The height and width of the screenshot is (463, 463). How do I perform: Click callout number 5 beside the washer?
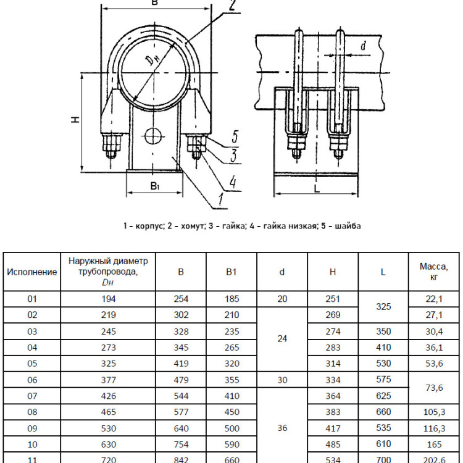(235, 136)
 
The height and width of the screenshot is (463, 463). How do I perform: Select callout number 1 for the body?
(220, 199)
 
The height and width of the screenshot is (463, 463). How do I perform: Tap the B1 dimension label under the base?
(155, 186)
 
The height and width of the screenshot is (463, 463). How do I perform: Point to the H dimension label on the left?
(76, 119)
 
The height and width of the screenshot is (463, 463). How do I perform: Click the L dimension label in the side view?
(317, 188)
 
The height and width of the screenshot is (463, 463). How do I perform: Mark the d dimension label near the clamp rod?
(363, 46)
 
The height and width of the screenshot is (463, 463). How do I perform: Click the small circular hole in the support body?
(154, 136)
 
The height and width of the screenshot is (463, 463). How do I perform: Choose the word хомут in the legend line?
(188, 226)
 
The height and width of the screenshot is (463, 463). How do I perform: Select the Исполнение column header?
(32, 272)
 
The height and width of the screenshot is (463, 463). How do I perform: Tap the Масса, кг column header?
(434, 272)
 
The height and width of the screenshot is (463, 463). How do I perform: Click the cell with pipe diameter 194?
(109, 299)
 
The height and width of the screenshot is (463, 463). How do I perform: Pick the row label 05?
(32, 364)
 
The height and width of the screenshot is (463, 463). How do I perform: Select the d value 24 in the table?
(282, 339)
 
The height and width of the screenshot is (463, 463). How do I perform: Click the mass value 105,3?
(434, 412)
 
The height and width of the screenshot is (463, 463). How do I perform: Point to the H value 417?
(333, 428)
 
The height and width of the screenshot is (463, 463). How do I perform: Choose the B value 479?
(181, 380)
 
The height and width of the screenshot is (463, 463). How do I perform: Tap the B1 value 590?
(231, 444)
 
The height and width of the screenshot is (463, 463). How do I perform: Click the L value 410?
(383, 348)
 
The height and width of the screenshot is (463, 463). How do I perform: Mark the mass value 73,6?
(434, 388)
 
